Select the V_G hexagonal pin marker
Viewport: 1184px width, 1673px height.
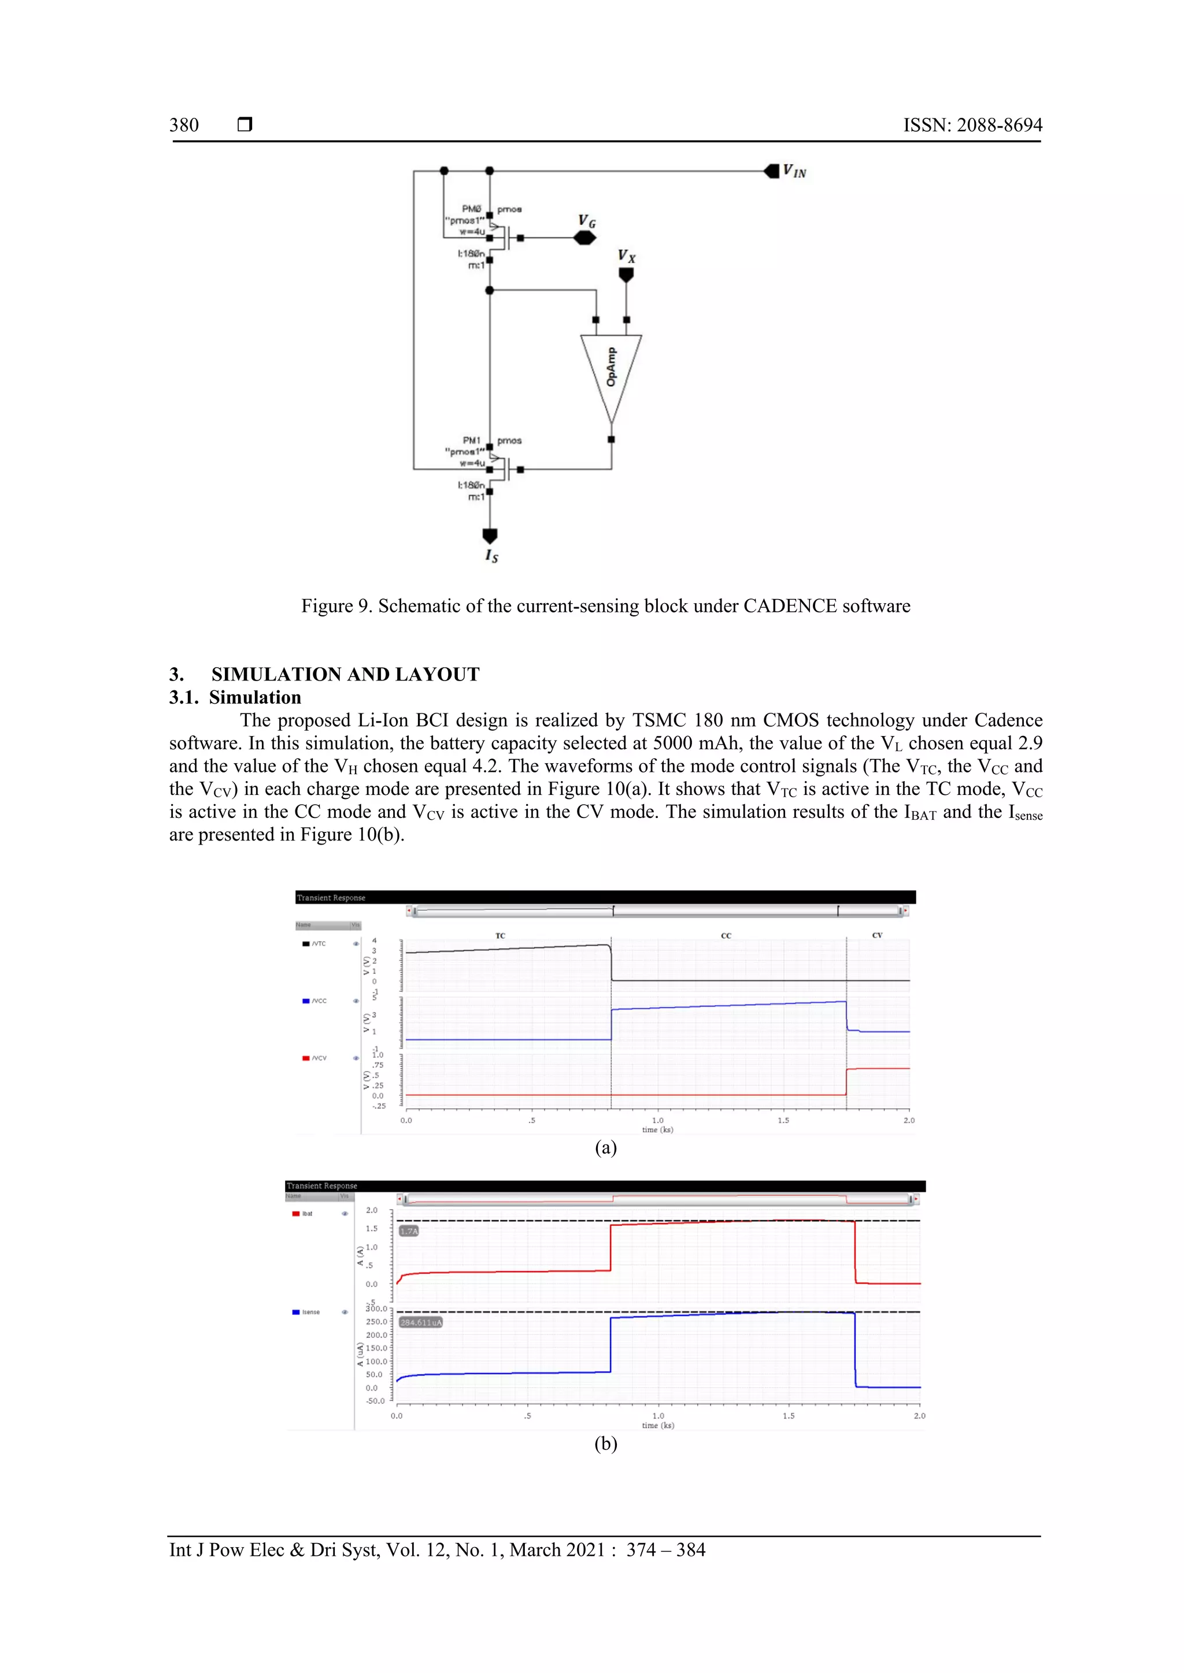584,238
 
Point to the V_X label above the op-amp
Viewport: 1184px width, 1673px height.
626,256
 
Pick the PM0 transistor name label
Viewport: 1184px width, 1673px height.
471,209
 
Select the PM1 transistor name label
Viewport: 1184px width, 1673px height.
471,440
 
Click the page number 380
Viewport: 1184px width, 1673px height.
184,125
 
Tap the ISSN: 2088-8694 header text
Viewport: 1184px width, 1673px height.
972,125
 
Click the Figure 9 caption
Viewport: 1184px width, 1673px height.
605,606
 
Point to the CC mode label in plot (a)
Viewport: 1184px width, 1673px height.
726,936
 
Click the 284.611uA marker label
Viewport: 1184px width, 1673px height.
421,1322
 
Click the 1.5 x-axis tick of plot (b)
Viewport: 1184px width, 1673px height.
788,1416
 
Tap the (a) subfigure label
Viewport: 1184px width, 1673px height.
605,1148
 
